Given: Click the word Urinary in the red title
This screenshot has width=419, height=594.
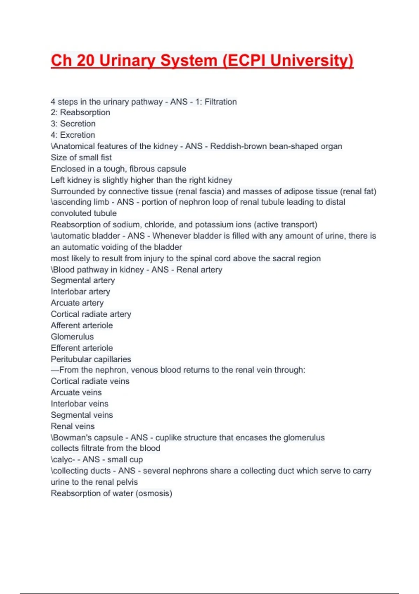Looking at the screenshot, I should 127,60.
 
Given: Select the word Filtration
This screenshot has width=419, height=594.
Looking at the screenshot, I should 220,102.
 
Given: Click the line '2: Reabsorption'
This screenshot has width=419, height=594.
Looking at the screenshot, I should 80,113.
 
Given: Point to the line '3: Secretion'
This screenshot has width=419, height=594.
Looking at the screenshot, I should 73,124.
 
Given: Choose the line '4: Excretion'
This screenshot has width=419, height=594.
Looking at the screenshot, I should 73,135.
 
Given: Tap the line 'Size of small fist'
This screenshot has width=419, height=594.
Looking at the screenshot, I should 81,158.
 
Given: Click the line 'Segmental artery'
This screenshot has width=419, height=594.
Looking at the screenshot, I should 83,281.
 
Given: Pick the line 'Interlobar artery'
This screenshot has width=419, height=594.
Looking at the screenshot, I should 80,292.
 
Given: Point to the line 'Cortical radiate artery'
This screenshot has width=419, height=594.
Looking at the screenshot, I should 91,314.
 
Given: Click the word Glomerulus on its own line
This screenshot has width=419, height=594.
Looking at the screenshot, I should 72,337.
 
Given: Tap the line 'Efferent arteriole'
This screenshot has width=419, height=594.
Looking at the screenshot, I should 82,348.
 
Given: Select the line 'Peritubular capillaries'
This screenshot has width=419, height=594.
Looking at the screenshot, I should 91,359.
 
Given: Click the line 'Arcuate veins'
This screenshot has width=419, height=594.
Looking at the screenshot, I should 76,392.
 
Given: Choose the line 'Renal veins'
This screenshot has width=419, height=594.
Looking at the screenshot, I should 73,426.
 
